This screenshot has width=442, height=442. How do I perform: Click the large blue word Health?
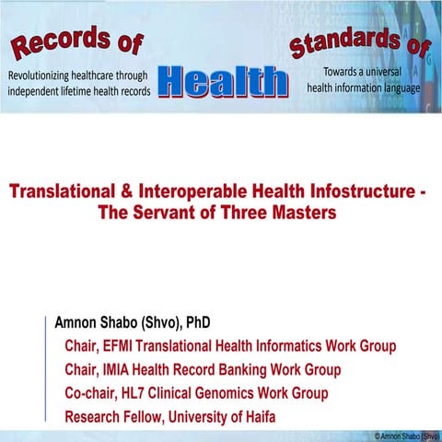[x=224, y=81]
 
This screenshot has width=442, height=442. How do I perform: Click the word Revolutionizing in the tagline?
[x=57, y=75]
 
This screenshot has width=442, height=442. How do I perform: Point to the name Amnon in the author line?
[x=85, y=323]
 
